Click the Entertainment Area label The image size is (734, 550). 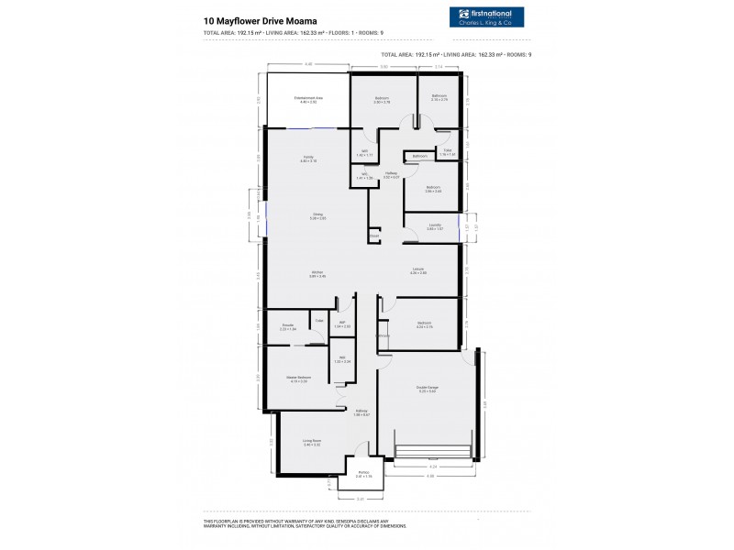pyautogui.click(x=306, y=99)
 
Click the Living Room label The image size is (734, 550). pyautogui.click(x=311, y=442)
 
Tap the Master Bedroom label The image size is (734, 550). pyautogui.click(x=296, y=378)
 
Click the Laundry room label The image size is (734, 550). pyautogui.click(x=435, y=225)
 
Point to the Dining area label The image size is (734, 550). pyautogui.click(x=317, y=215)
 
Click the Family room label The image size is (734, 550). pyautogui.click(x=308, y=159)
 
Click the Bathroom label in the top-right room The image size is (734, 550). pyautogui.click(x=439, y=97)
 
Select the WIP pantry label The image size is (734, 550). pyautogui.click(x=341, y=324)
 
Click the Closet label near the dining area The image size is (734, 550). pyautogui.click(x=374, y=236)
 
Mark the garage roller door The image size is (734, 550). pyautogui.click(x=432, y=451)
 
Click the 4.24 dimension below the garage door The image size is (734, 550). pyautogui.click(x=432, y=466)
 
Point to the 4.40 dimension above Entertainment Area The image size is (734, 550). pyautogui.click(x=308, y=64)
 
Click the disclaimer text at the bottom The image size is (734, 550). pyautogui.click(x=303, y=523)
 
